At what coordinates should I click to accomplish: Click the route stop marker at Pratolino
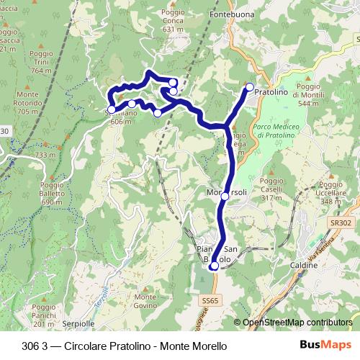click(250, 87)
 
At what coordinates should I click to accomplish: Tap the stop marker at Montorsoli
click(225, 196)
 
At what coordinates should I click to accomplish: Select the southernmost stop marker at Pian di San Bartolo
click(214, 266)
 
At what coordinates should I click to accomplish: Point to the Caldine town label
click(304, 266)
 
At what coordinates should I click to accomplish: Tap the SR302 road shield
click(342, 224)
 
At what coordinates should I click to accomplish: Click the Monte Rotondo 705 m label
click(27, 103)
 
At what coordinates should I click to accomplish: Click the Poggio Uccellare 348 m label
click(332, 192)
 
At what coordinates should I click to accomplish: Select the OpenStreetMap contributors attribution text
click(297, 323)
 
